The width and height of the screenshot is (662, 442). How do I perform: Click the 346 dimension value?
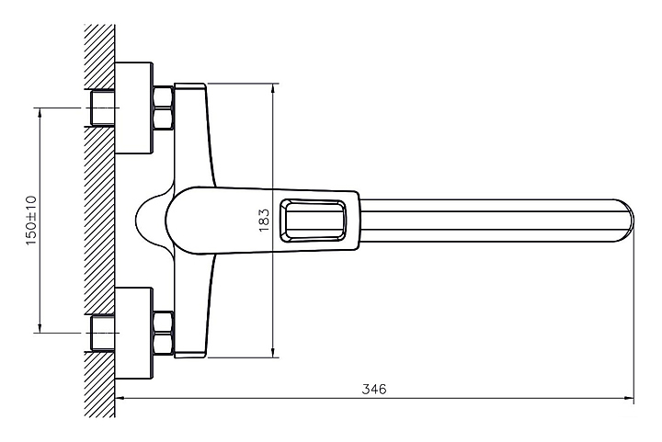[x=374, y=389]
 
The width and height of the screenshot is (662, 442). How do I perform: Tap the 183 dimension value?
[x=264, y=220]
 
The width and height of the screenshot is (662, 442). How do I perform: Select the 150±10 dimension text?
[x=31, y=221]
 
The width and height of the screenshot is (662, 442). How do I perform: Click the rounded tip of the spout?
[x=629, y=221]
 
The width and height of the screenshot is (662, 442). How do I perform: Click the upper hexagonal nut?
[x=163, y=108]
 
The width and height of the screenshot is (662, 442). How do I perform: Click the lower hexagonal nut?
[x=163, y=333]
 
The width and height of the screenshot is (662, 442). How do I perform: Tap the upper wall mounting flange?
[x=134, y=108]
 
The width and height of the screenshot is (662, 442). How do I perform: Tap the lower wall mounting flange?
[x=134, y=334]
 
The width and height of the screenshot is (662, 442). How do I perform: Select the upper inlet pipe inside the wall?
[x=102, y=108]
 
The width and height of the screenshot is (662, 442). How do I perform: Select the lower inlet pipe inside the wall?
[x=102, y=334]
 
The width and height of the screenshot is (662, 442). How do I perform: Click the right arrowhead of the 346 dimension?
[x=629, y=397]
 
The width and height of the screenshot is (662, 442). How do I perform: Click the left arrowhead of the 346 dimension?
[x=120, y=397]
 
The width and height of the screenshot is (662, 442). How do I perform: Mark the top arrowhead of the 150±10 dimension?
[x=40, y=113]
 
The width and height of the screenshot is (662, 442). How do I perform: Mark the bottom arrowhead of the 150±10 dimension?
[x=40, y=328]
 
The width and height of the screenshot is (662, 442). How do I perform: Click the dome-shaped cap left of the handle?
[x=152, y=221]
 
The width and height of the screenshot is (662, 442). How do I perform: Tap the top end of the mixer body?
[x=190, y=85]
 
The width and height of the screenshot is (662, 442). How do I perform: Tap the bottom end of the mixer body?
[x=190, y=355]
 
